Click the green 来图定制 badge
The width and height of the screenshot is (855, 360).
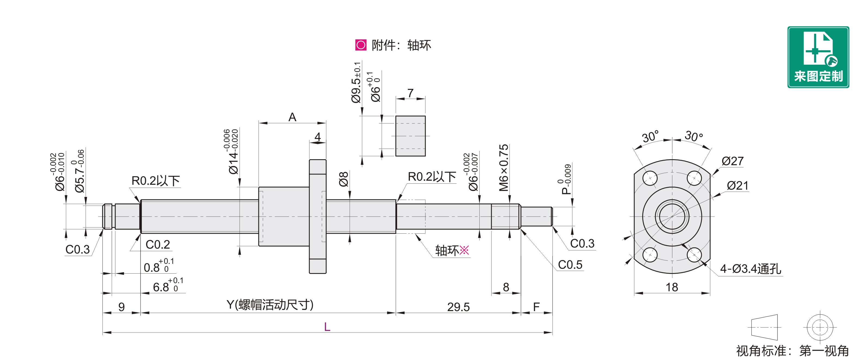818,57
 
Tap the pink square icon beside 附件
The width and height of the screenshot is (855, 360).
361,45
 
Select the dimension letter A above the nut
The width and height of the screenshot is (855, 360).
292,117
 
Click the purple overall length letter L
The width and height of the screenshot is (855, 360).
327,327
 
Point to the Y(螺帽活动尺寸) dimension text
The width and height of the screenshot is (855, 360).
270,305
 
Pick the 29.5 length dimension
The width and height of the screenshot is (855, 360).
458,307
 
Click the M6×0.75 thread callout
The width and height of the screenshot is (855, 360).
504,168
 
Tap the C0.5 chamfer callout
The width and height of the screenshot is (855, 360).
570,265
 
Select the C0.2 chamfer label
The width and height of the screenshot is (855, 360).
158,245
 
